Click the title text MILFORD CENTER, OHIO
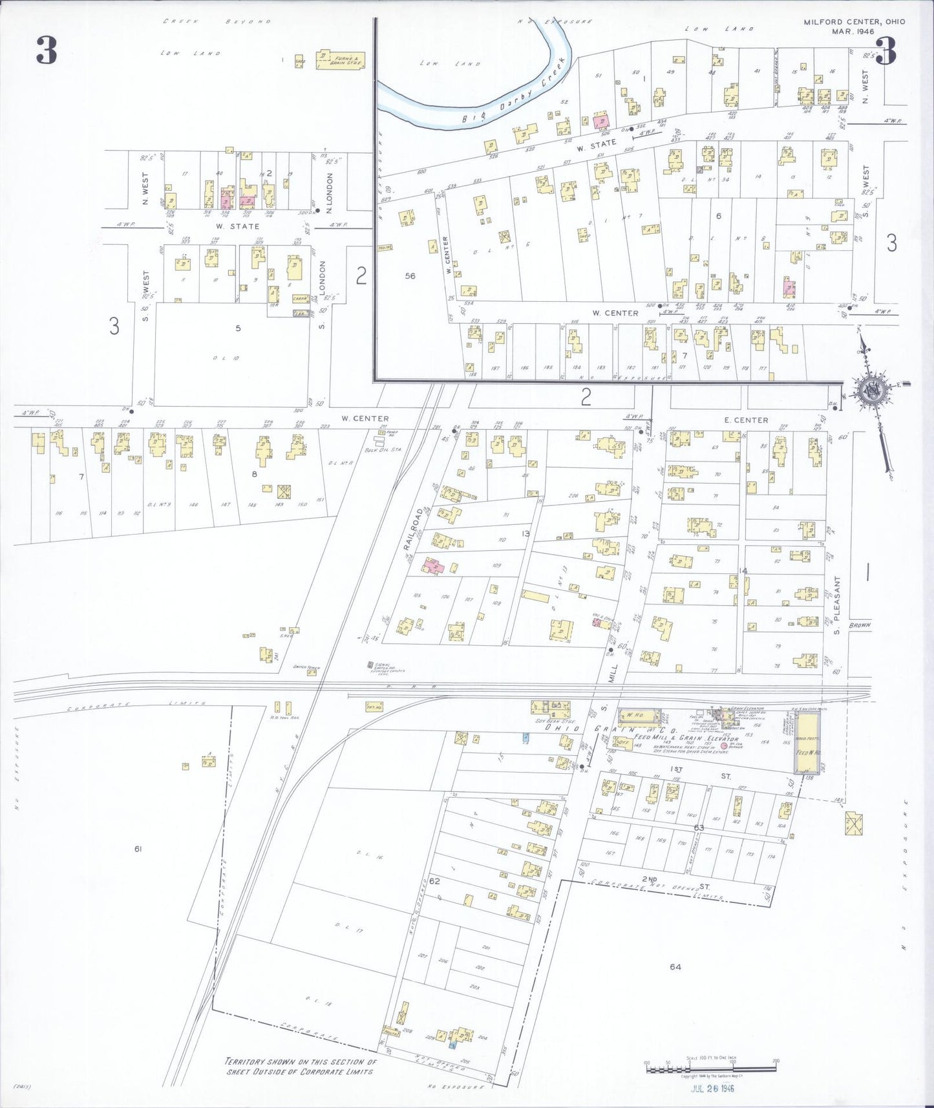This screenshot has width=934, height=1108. coord(854,21)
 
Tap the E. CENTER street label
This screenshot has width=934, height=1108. coord(746,420)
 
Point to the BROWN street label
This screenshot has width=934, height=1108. coord(860,625)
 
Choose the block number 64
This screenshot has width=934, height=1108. coord(675,966)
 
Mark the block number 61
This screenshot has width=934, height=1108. coord(138,849)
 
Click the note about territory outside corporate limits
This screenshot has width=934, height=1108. coord(299,1066)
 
